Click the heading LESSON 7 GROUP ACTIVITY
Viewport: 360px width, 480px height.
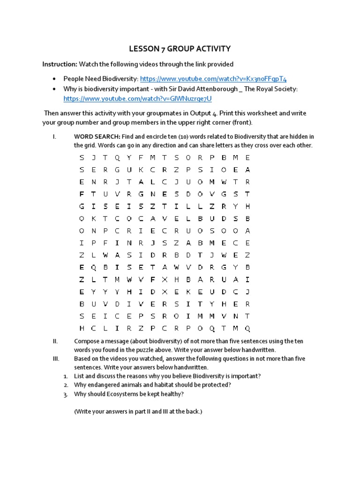[x=180, y=49]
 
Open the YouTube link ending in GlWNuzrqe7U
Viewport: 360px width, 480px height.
[x=137, y=98]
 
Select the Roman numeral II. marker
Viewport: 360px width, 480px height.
[x=55, y=341]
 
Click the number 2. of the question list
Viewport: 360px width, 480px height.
[x=66, y=385]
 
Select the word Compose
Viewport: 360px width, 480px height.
[x=87, y=341]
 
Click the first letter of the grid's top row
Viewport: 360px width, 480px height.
[x=82, y=157]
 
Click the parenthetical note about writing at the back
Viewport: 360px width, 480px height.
[x=138, y=412]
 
